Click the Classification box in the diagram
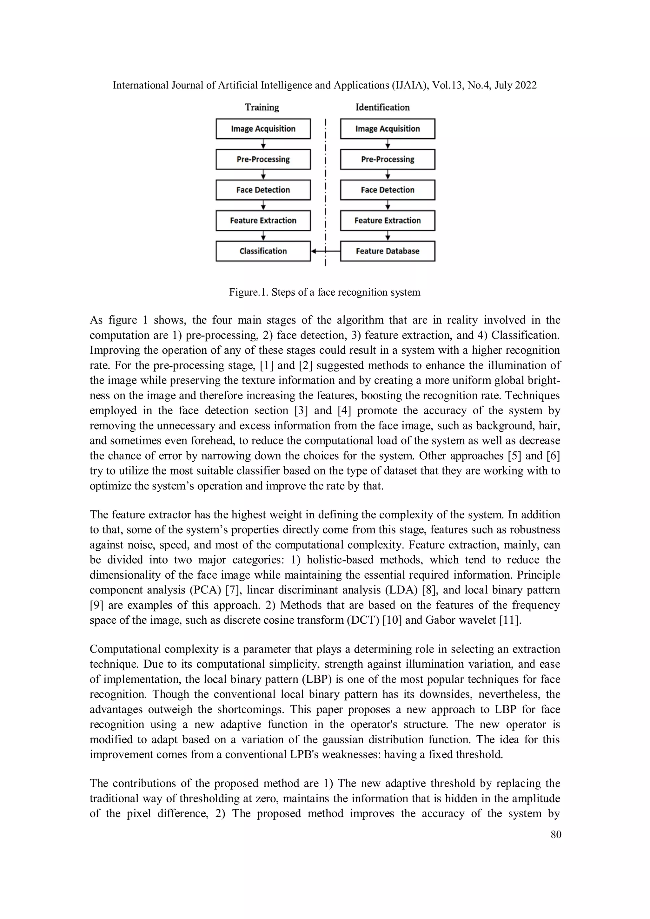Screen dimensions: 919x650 tap(263, 251)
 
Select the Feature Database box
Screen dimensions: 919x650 tap(387, 251)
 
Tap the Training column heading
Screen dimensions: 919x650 tap(262, 107)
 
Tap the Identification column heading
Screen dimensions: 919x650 tap(382, 107)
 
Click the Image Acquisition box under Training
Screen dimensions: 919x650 tap(263, 129)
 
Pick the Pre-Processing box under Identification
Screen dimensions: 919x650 tap(387, 159)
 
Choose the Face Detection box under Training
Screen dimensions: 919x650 tap(263, 190)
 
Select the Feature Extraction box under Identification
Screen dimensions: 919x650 tap(387, 220)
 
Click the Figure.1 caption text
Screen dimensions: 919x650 tap(324, 292)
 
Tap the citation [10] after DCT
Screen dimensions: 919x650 tap(392, 620)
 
